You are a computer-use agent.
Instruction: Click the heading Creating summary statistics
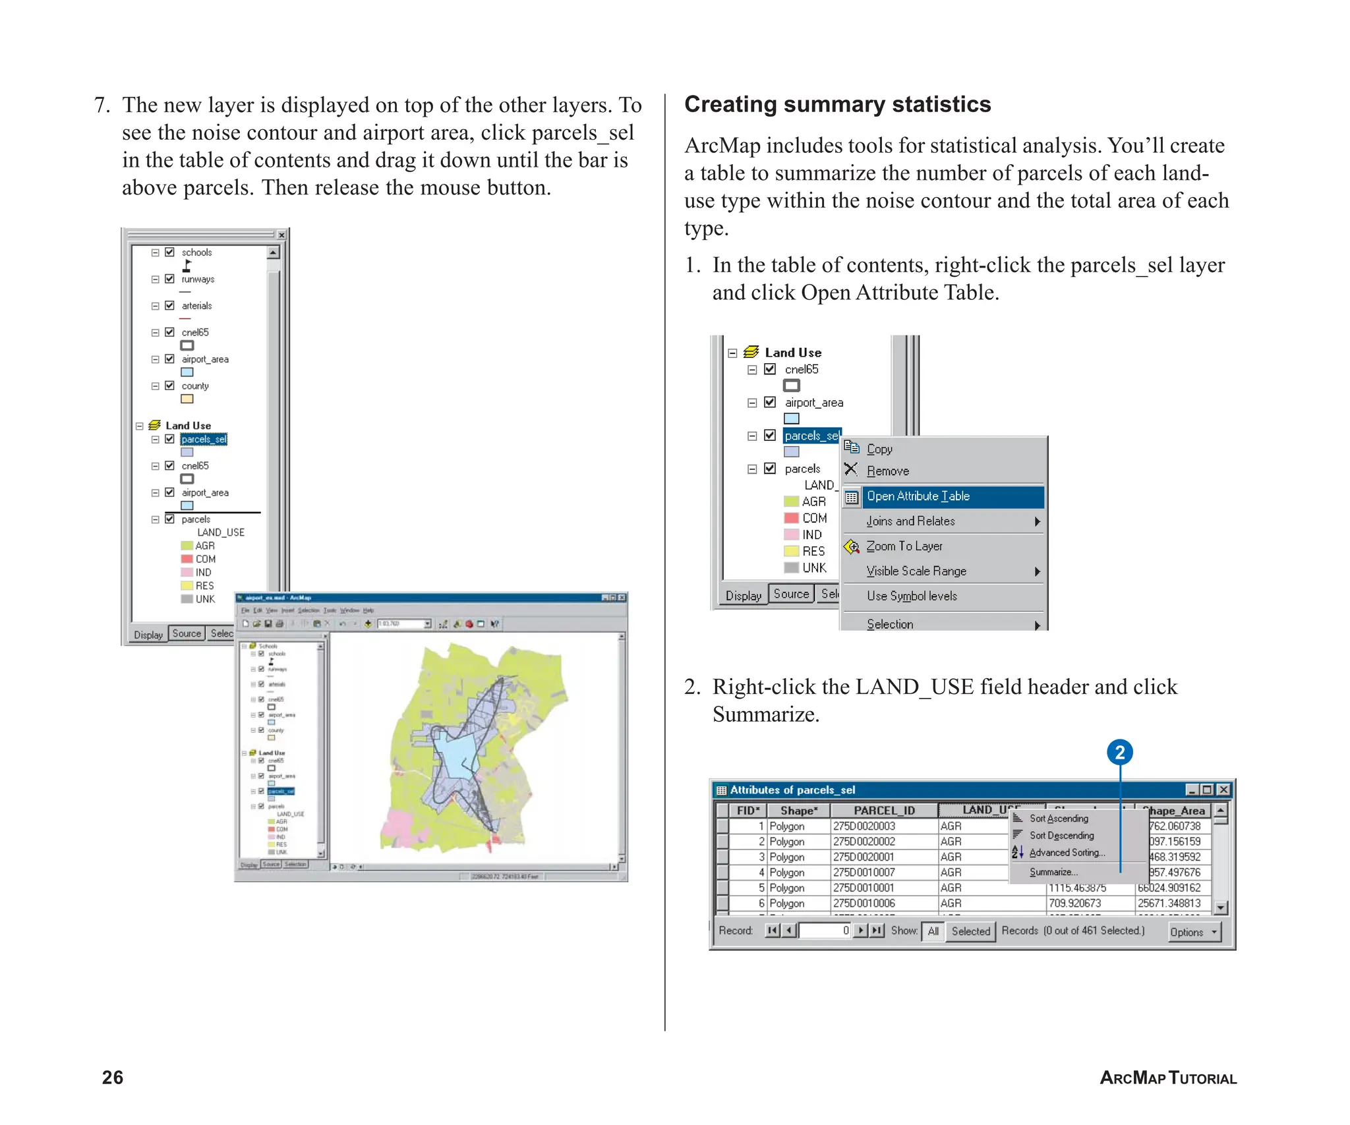(x=837, y=105)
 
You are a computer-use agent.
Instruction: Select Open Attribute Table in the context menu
(x=918, y=496)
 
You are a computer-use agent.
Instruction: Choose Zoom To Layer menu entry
(x=904, y=546)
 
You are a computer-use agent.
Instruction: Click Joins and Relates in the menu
(x=910, y=521)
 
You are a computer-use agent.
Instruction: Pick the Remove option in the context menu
(x=887, y=471)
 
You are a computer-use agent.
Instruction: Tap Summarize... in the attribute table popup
(x=1053, y=872)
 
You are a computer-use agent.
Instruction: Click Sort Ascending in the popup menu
(x=1059, y=819)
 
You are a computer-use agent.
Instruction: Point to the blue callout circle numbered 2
(x=1119, y=753)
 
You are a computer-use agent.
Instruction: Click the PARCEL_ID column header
(x=883, y=811)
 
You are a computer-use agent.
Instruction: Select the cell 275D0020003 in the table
(x=864, y=826)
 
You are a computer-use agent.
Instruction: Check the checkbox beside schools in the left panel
(x=169, y=252)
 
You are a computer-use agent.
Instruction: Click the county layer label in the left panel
(x=195, y=386)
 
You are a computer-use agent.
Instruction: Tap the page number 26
(x=113, y=1077)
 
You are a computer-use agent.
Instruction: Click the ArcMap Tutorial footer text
(x=1167, y=1078)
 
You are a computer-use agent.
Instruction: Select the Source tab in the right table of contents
(x=790, y=594)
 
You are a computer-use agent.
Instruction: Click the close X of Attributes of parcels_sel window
(x=1223, y=790)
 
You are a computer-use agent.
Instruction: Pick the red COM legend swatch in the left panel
(x=187, y=559)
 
